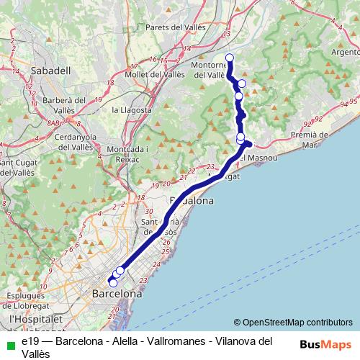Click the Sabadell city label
(x=51, y=71)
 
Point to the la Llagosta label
(x=132, y=109)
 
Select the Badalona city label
(x=190, y=202)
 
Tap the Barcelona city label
(x=117, y=294)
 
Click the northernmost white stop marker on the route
(x=230, y=58)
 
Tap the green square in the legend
(x=9, y=341)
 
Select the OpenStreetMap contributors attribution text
(x=293, y=323)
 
